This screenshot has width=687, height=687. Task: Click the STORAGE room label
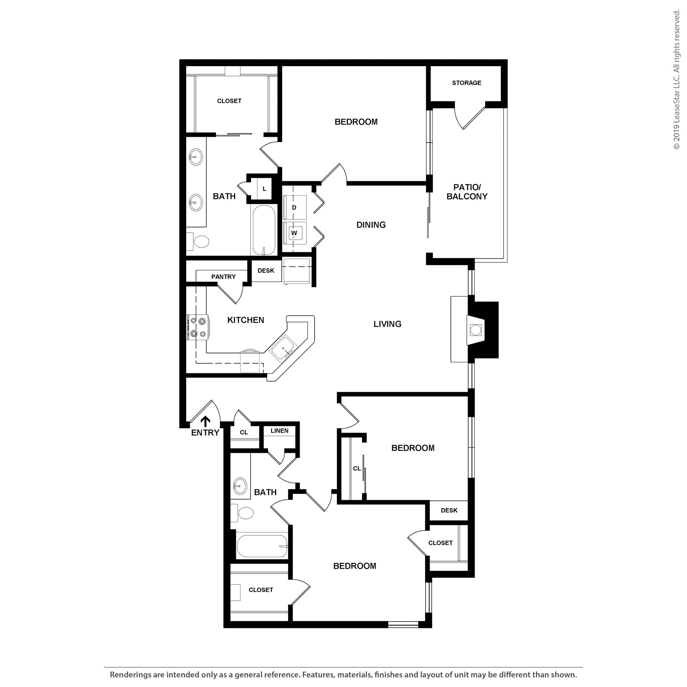coord(467,83)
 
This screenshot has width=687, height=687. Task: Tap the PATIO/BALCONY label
coord(467,192)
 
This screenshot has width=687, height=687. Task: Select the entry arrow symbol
coord(205,422)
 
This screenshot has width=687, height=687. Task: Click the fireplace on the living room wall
coord(476,330)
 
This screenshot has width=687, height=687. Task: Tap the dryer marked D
coord(295,207)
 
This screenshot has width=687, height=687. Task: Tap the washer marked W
coord(295,233)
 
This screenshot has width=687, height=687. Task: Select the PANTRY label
coord(223,277)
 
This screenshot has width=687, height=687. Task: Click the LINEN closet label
coord(279,431)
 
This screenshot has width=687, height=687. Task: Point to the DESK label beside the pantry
coord(266,271)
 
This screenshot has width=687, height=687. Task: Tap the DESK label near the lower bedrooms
coord(449,510)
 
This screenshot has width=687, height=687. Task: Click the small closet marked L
coord(265,189)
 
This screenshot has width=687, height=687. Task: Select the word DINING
coord(371,225)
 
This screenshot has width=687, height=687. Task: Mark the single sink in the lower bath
coord(240,485)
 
